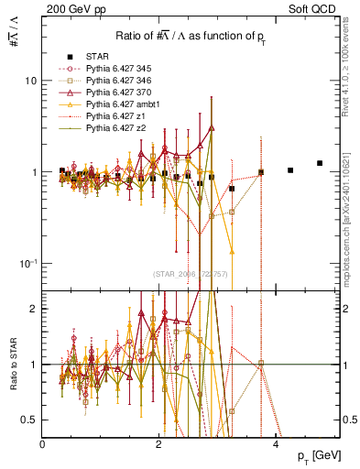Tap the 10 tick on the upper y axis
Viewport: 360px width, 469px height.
point(30,81)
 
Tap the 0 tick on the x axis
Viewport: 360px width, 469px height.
point(43,444)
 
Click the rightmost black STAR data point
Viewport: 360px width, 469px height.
point(320,163)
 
